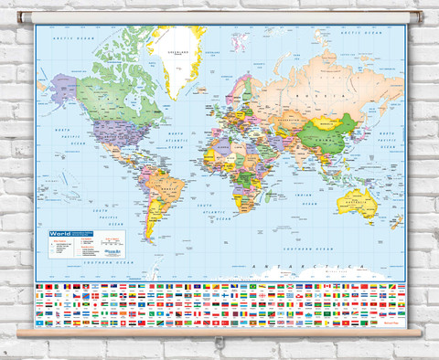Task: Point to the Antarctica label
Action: click(x=320, y=265)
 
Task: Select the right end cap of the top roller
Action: click(x=420, y=17)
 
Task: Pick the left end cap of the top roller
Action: click(x=21, y=17)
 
